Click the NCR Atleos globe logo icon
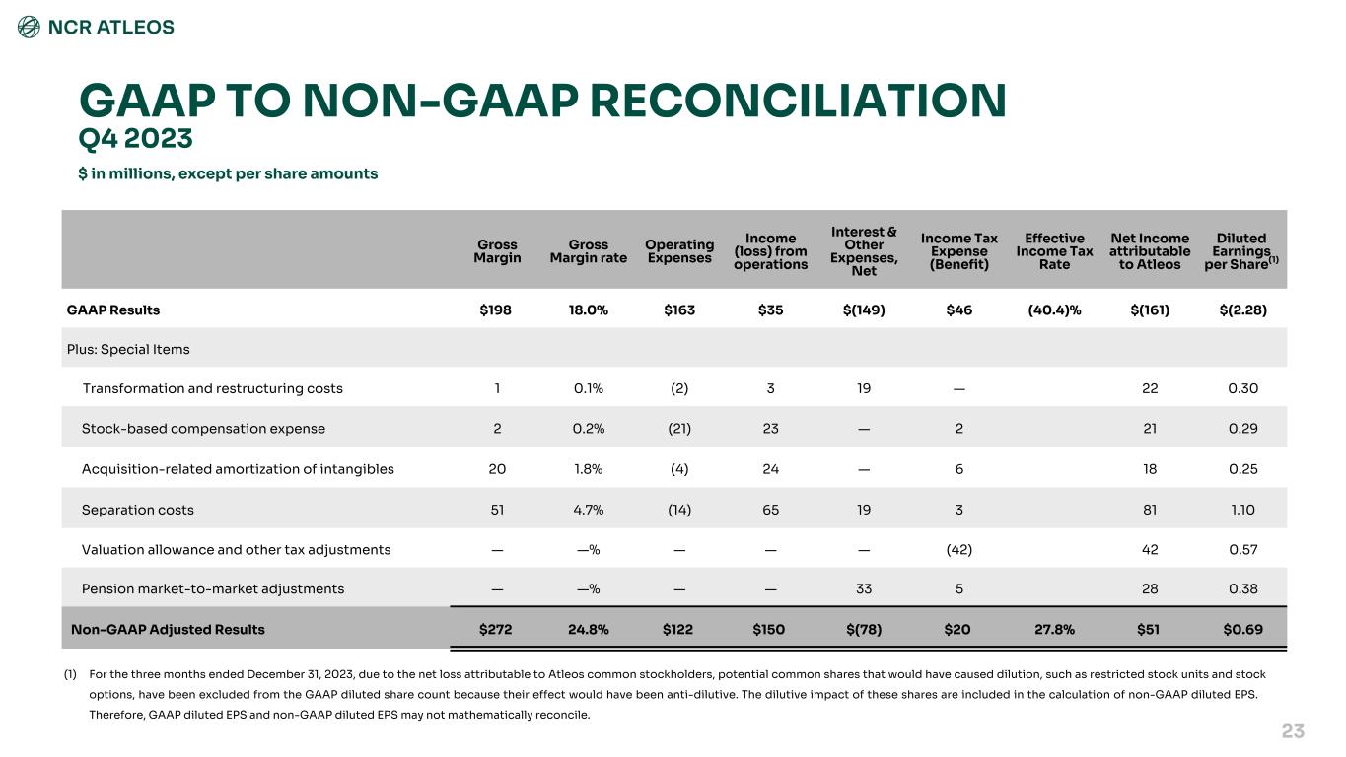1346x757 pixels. pos(30,27)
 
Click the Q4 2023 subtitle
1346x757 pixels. pos(135,139)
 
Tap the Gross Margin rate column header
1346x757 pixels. pos(589,250)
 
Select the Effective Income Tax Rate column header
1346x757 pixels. pos(1054,250)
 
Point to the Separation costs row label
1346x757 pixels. pos(138,510)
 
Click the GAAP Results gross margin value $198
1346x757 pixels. pos(497,310)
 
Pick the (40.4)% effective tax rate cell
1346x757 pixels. pos(1054,310)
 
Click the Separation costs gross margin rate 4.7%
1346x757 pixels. pos(589,510)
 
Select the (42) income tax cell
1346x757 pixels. pos(958,549)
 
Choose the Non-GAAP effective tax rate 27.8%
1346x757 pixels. pos(1054,628)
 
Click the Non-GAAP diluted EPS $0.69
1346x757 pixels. pos(1242,628)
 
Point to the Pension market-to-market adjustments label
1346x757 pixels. pos(213,588)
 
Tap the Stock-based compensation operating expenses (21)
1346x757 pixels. pos(679,429)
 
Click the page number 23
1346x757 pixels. pos(1293,730)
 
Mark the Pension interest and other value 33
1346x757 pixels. pos(864,588)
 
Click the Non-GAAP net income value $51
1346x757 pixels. pos(1148,628)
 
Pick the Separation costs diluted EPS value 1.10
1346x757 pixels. pos(1242,510)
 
